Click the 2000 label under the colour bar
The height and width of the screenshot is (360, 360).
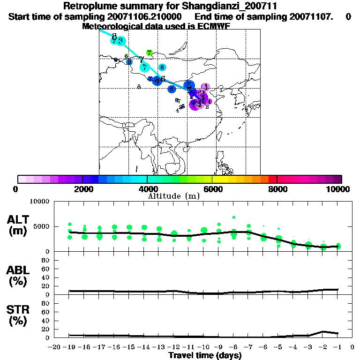click(82, 189)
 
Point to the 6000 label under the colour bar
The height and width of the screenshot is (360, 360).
click(212, 189)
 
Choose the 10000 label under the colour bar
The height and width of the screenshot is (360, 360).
click(338, 189)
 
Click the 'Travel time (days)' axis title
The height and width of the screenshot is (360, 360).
click(205, 355)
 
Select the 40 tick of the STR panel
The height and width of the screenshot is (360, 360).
click(46, 320)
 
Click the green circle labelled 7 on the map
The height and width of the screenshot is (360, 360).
click(149, 53)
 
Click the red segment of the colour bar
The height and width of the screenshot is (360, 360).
click(273, 179)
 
